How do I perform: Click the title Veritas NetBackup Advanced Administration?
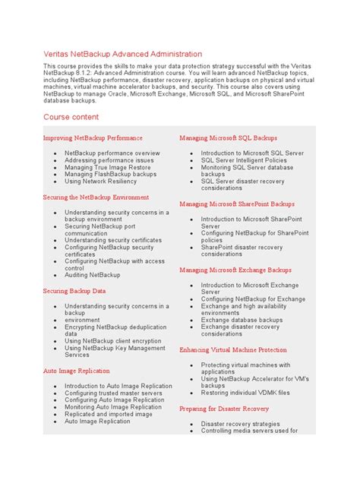click(122, 54)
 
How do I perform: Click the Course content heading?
click(71, 117)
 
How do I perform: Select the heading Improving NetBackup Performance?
click(93, 138)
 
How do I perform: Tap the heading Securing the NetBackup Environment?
click(101, 197)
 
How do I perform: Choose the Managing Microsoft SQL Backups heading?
click(228, 138)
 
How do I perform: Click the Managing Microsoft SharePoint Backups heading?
click(238, 204)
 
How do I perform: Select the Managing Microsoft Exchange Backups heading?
click(235, 270)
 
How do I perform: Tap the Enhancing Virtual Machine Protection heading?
click(233, 350)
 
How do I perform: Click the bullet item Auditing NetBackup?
click(92, 275)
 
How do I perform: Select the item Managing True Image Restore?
click(107, 167)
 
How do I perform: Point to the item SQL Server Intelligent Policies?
click(244, 160)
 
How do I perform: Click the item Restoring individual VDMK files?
click(245, 393)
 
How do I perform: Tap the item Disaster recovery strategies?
click(240, 424)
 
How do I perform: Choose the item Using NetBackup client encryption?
click(112, 341)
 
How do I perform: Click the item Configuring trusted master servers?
click(113, 393)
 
